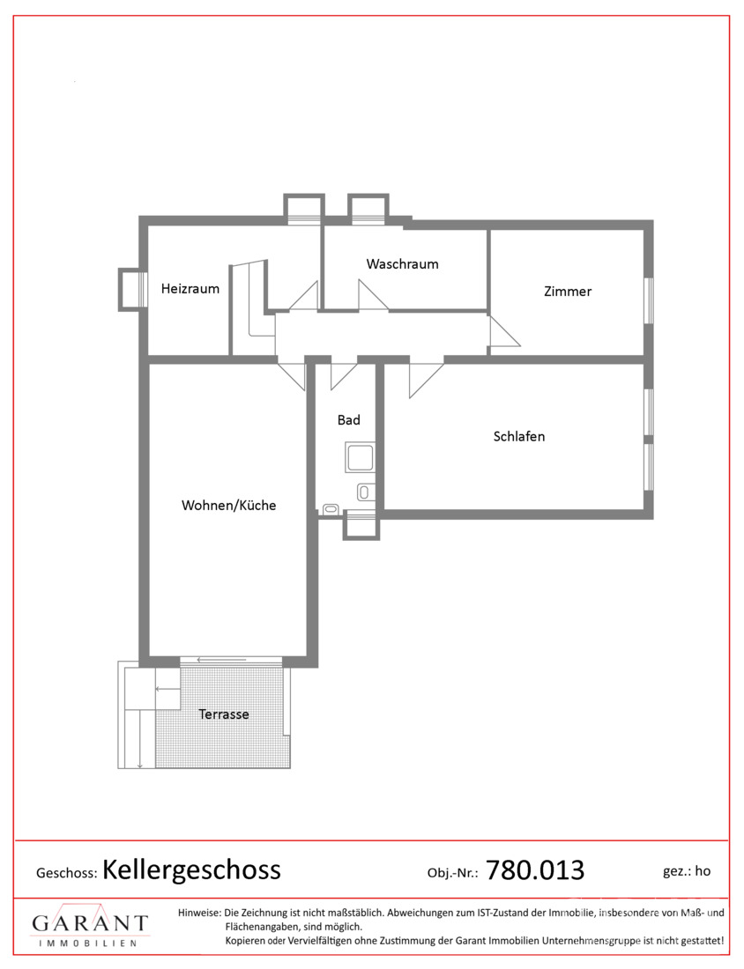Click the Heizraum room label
tap(190, 289)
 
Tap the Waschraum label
tap(402, 264)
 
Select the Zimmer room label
tap(567, 291)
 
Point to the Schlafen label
tap(519, 436)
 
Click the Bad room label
tap(348, 419)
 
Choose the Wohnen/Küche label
tap(228, 505)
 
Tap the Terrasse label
tap(223, 714)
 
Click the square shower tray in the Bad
tap(360, 458)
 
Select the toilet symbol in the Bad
tap(365, 492)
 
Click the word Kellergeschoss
tap(191, 869)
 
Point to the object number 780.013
tap(535, 870)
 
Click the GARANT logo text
tap(90, 923)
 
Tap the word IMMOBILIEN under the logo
tap(87, 943)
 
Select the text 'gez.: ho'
tap(687, 870)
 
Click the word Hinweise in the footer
tap(199, 912)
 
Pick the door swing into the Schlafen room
tap(426, 378)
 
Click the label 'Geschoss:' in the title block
tap(67, 873)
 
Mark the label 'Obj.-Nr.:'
tap(453, 873)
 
